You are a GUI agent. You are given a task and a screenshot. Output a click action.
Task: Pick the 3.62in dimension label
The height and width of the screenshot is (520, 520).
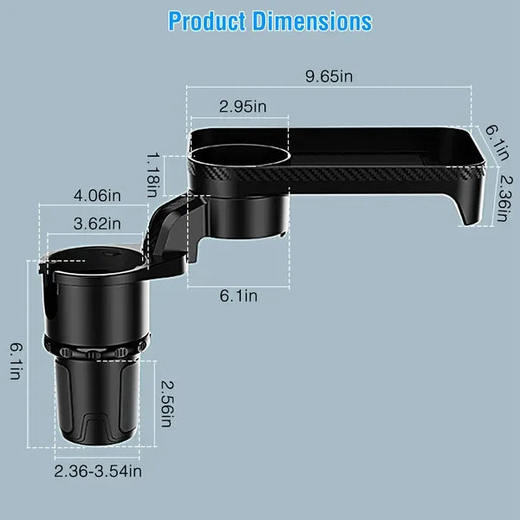pyautogui.click(x=97, y=224)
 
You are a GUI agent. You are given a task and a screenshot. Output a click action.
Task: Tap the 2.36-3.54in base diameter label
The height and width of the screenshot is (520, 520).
pyautogui.click(x=98, y=471)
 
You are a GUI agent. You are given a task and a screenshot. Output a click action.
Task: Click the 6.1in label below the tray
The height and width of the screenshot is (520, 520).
pyautogui.click(x=237, y=296)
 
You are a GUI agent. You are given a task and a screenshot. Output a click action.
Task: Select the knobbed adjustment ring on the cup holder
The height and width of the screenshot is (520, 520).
pyautogui.click(x=95, y=354)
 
